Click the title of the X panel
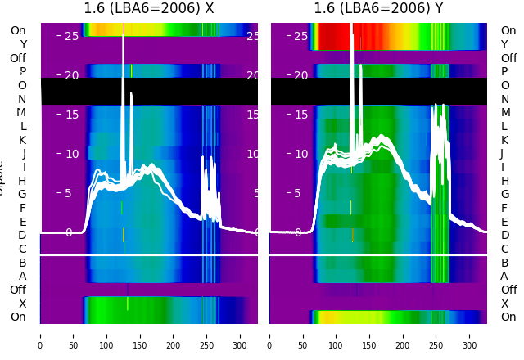pyautogui.click(x=149, y=8)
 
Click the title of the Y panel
pyautogui.click(x=378, y=8)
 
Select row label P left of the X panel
pyautogui.click(x=22, y=72)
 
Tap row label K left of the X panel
pyautogui.click(x=22, y=140)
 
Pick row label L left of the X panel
pyautogui.click(x=22, y=126)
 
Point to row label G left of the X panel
pyautogui.click(x=22, y=194)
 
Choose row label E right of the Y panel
pyautogui.click(x=504, y=222)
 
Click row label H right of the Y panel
pyautogui.click(x=504, y=181)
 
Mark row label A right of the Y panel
pyautogui.click(x=504, y=276)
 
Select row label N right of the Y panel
pyautogui.click(x=504, y=99)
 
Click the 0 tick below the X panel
pyautogui.click(x=40, y=335)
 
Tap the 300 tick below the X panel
pyautogui.click(x=240, y=335)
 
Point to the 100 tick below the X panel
pyautogui.click(x=106, y=335)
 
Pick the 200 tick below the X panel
pyautogui.click(x=174, y=335)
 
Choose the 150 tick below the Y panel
pyautogui.click(x=370, y=335)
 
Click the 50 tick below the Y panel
pyautogui.click(x=303, y=335)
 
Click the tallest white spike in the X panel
pyautogui.click(x=123, y=49)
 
